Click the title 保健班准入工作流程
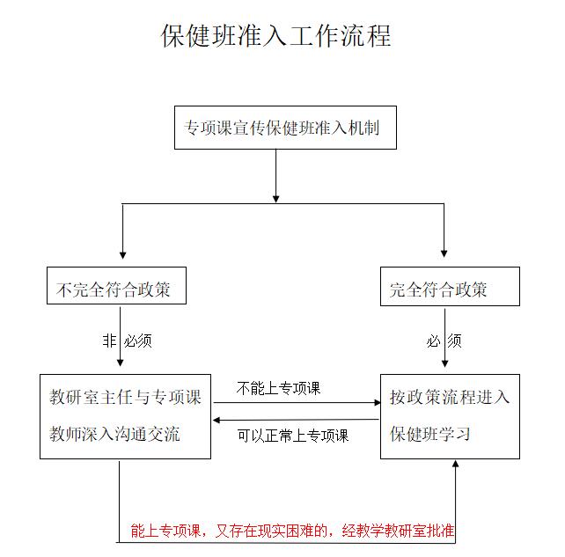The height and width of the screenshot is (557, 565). tap(275, 36)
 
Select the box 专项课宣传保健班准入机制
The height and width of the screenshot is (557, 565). tap(285, 128)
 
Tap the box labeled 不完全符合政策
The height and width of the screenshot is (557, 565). tap(116, 285)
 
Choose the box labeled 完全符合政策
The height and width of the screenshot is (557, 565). tap(450, 287)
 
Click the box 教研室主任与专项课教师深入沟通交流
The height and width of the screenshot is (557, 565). tap(125, 416)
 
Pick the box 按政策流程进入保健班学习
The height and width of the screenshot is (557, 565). tap(450, 416)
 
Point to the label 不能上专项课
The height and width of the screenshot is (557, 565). tap(278, 388)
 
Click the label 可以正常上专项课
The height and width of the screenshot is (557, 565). tap(293, 436)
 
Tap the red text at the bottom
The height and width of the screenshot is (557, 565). tap(292, 531)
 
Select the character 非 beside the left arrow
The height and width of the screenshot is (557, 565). tap(109, 341)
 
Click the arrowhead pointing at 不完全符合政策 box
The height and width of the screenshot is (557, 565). tap(123, 255)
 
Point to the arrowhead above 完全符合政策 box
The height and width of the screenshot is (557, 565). tap(444, 254)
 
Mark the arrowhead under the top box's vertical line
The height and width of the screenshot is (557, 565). tap(276, 199)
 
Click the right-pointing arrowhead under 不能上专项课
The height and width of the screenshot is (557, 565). tap(378, 403)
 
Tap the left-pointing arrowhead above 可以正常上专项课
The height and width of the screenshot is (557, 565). tap(216, 420)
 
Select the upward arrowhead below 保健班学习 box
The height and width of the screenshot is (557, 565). tap(456, 464)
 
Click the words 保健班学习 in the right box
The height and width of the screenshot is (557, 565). tap(430, 434)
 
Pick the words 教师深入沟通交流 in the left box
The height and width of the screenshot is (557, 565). tap(114, 434)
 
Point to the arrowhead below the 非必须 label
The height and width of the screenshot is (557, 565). tap(121, 363)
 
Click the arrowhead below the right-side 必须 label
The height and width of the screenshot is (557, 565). tap(445, 363)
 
